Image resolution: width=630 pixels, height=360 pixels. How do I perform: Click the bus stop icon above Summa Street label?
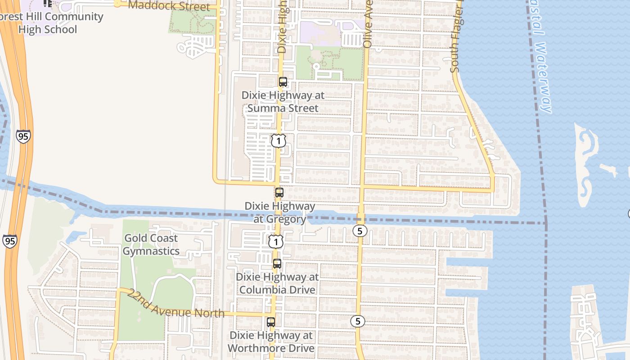click(x=283, y=82)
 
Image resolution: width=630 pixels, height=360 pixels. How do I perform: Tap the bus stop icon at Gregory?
click(x=279, y=193)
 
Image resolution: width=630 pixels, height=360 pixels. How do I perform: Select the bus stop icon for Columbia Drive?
click(x=277, y=264)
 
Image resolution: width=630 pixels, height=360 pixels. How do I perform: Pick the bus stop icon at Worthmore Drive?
click(x=271, y=322)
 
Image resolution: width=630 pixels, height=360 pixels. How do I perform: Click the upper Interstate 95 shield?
click(x=23, y=136)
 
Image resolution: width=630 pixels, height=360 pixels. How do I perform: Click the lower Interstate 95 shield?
click(x=9, y=241)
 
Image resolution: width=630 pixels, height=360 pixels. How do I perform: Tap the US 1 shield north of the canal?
click(x=279, y=141)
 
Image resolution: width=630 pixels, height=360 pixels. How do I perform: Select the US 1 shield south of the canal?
click(x=276, y=242)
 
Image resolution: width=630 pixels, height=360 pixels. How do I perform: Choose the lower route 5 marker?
click(x=358, y=321)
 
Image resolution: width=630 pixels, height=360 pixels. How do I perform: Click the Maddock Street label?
click(x=169, y=6)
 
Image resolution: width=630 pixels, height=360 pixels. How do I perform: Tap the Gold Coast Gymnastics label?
click(x=151, y=245)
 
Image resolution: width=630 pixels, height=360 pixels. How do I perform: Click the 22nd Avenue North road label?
click(x=175, y=305)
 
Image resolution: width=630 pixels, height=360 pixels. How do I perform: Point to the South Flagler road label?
click(x=455, y=45)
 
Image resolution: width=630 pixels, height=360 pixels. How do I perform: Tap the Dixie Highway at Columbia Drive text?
click(x=277, y=283)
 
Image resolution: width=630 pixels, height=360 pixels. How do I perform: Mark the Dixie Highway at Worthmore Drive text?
click(x=271, y=342)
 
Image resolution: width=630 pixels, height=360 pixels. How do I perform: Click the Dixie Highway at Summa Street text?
click(x=283, y=102)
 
